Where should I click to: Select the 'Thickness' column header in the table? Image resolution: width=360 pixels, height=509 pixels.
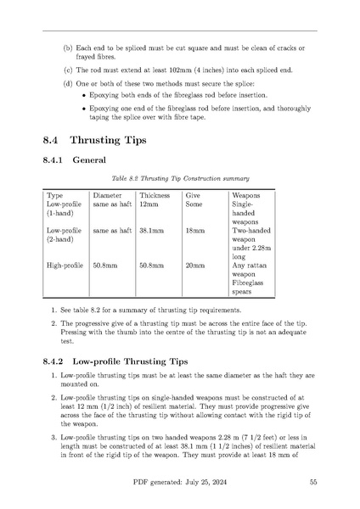(x=155, y=195)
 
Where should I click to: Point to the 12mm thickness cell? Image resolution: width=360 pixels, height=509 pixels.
(x=149, y=204)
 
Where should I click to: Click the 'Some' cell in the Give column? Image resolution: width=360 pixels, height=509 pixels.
(x=194, y=204)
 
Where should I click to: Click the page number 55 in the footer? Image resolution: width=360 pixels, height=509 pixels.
(x=313, y=483)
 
